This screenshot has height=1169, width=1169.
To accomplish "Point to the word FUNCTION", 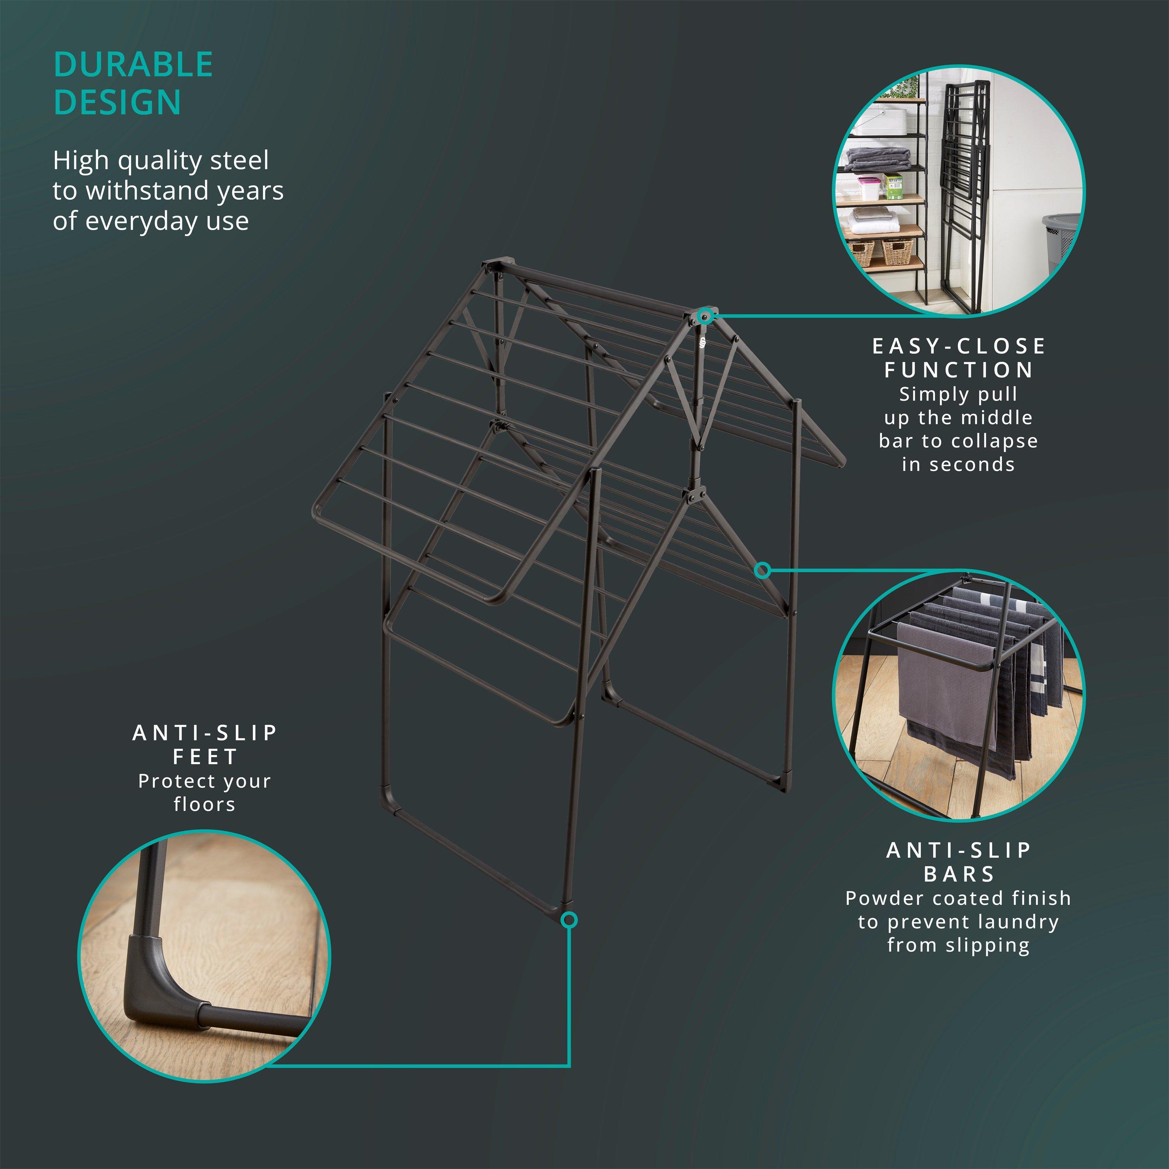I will [959, 370].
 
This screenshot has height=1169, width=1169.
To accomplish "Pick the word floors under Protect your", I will [205, 804].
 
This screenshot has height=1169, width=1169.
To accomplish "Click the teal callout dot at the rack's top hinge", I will [704, 315].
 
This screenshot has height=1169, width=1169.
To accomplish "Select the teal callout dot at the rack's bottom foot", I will [569, 920].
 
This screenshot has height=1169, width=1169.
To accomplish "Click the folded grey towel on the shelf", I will [878, 160].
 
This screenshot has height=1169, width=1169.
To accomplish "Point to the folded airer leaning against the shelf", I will [962, 194].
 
